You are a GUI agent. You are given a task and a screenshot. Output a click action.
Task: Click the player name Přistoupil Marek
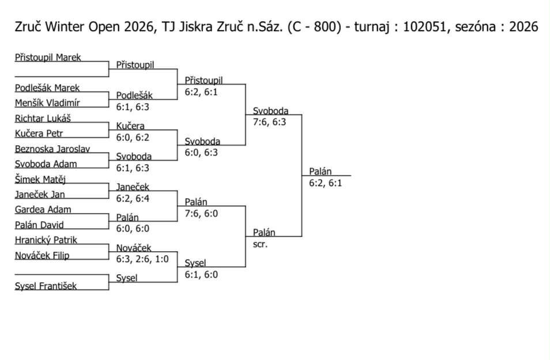click(x=48, y=58)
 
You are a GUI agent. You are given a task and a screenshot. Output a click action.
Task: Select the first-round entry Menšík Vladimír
click(x=47, y=103)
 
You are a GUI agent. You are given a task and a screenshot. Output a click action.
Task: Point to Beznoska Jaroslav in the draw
click(x=52, y=149)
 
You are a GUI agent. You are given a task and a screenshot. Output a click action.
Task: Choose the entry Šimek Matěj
click(x=40, y=179)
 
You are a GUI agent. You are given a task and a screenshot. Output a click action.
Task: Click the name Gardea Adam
click(x=43, y=210)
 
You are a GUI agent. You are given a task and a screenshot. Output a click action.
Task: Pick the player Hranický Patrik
click(x=46, y=240)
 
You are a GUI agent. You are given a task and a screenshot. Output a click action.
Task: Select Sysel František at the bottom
click(x=46, y=286)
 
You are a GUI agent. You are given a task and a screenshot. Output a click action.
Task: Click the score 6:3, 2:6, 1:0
click(x=142, y=259)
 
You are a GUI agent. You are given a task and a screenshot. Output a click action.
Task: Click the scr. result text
click(x=260, y=244)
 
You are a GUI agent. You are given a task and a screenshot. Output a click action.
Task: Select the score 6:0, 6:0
click(x=134, y=228)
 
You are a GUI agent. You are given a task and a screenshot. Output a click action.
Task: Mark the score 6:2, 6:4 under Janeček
click(x=134, y=198)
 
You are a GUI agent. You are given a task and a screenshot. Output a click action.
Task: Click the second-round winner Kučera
click(x=130, y=126)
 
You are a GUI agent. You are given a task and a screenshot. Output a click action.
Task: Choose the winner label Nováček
click(x=134, y=248)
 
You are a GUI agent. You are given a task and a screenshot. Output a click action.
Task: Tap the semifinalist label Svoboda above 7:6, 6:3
click(x=270, y=111)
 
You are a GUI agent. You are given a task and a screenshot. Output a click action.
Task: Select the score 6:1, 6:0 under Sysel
click(x=201, y=274)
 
